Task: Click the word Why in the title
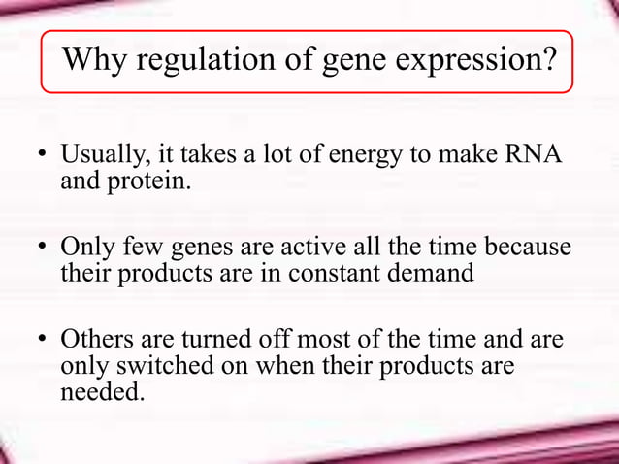[x=95, y=61]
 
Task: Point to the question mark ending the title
[x=549, y=61]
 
